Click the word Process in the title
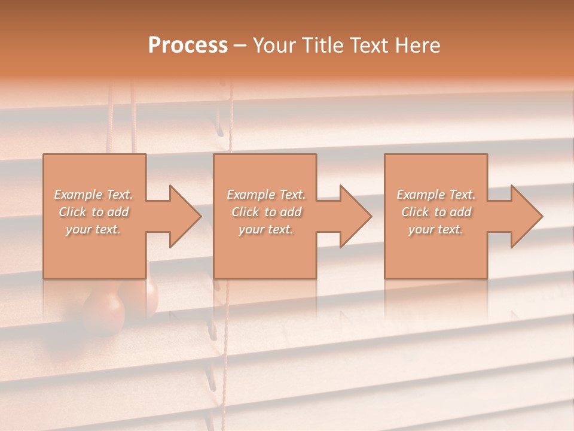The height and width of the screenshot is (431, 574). [x=188, y=45]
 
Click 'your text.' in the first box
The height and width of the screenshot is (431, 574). [x=93, y=229]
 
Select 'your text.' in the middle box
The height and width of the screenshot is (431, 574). [x=265, y=229]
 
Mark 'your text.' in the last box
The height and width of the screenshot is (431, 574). [x=435, y=229]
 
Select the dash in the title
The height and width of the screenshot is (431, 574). [x=240, y=46]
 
